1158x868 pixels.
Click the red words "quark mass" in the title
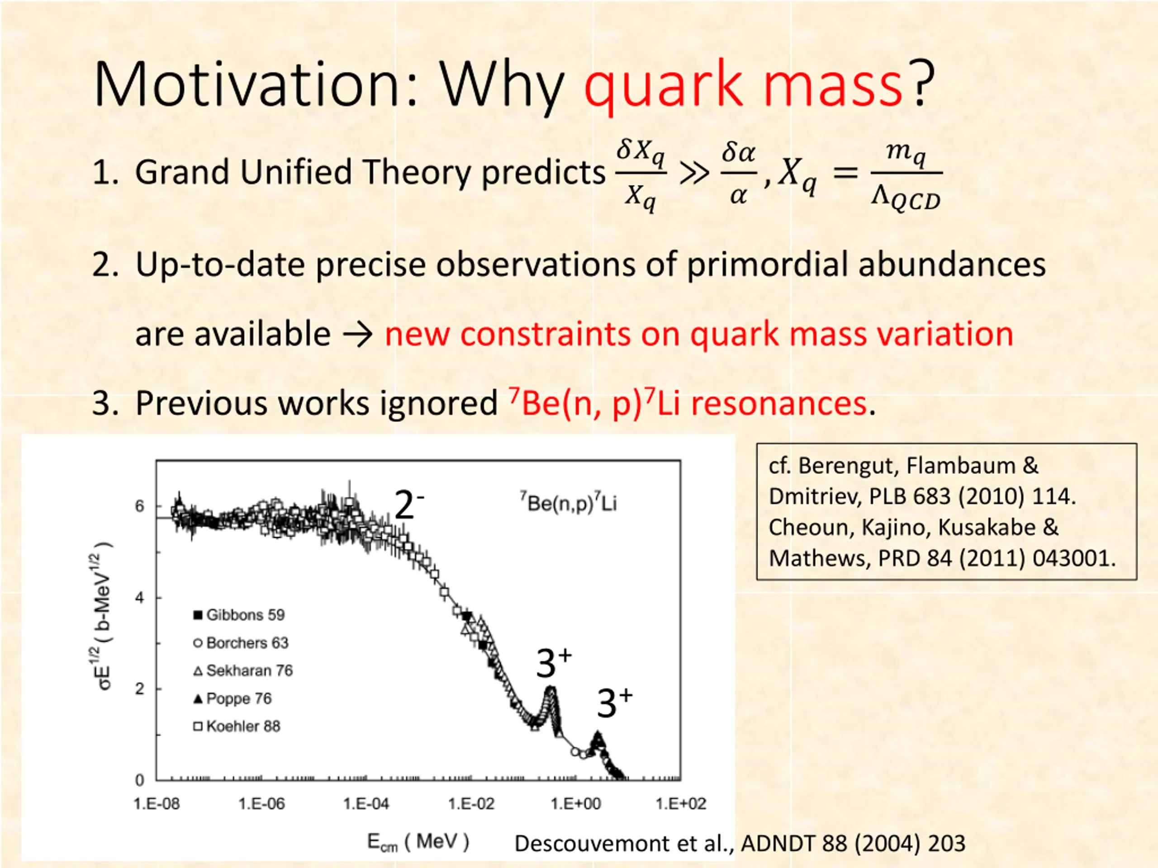[x=743, y=85]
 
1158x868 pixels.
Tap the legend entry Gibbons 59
[x=239, y=615]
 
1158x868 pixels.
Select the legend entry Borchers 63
[x=241, y=642]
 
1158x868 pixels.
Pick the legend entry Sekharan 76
[x=243, y=670]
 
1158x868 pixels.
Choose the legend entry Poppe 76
[x=233, y=698]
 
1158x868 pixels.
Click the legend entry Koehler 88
[x=237, y=726]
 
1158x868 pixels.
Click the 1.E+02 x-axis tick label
[x=681, y=804]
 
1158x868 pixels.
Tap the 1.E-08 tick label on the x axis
[x=157, y=804]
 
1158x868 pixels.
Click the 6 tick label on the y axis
[x=139, y=506]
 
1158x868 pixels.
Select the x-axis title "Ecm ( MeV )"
[x=418, y=842]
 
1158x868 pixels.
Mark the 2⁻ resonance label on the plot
[x=409, y=505]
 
